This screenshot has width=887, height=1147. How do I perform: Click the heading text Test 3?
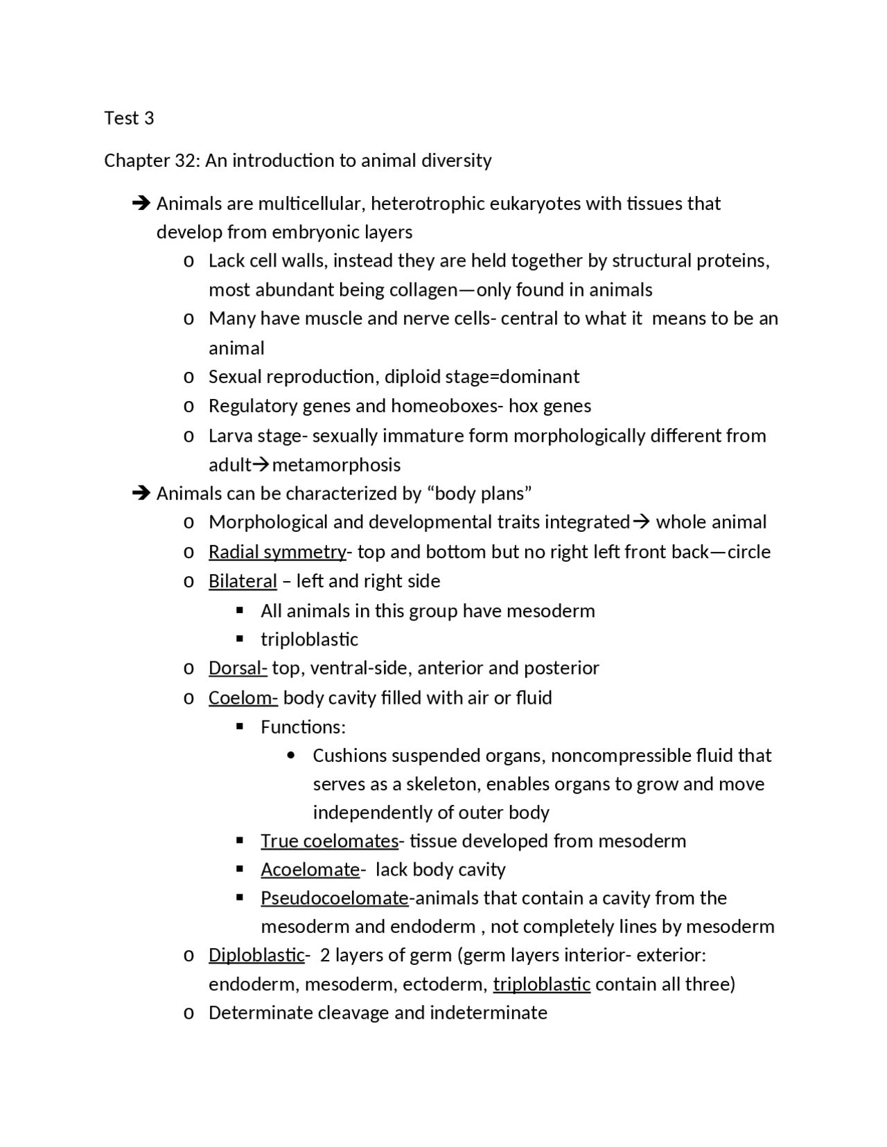tap(129, 118)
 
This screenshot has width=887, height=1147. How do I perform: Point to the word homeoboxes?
tap(443, 406)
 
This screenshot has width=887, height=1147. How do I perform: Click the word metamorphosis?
tap(336, 465)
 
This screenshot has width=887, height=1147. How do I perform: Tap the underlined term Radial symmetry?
tap(277, 552)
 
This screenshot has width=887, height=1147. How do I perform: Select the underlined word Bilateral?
tap(243, 581)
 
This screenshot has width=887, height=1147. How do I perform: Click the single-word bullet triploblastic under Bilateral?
tap(309, 639)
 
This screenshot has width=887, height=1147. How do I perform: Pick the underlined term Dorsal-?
tap(238, 668)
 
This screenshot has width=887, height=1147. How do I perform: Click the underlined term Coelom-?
tap(243, 698)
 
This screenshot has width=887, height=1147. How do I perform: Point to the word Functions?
tap(303, 727)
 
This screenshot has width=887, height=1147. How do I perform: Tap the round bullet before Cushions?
tap(290, 756)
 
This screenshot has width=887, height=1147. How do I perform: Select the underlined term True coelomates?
tap(329, 842)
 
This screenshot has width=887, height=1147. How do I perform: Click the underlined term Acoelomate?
tap(310, 870)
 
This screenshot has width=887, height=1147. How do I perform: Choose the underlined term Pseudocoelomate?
tap(335, 898)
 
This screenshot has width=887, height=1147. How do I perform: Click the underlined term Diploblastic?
tap(256, 955)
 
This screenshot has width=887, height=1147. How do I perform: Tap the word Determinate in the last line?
tap(261, 1013)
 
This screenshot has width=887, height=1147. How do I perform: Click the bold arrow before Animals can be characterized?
tap(141, 494)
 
